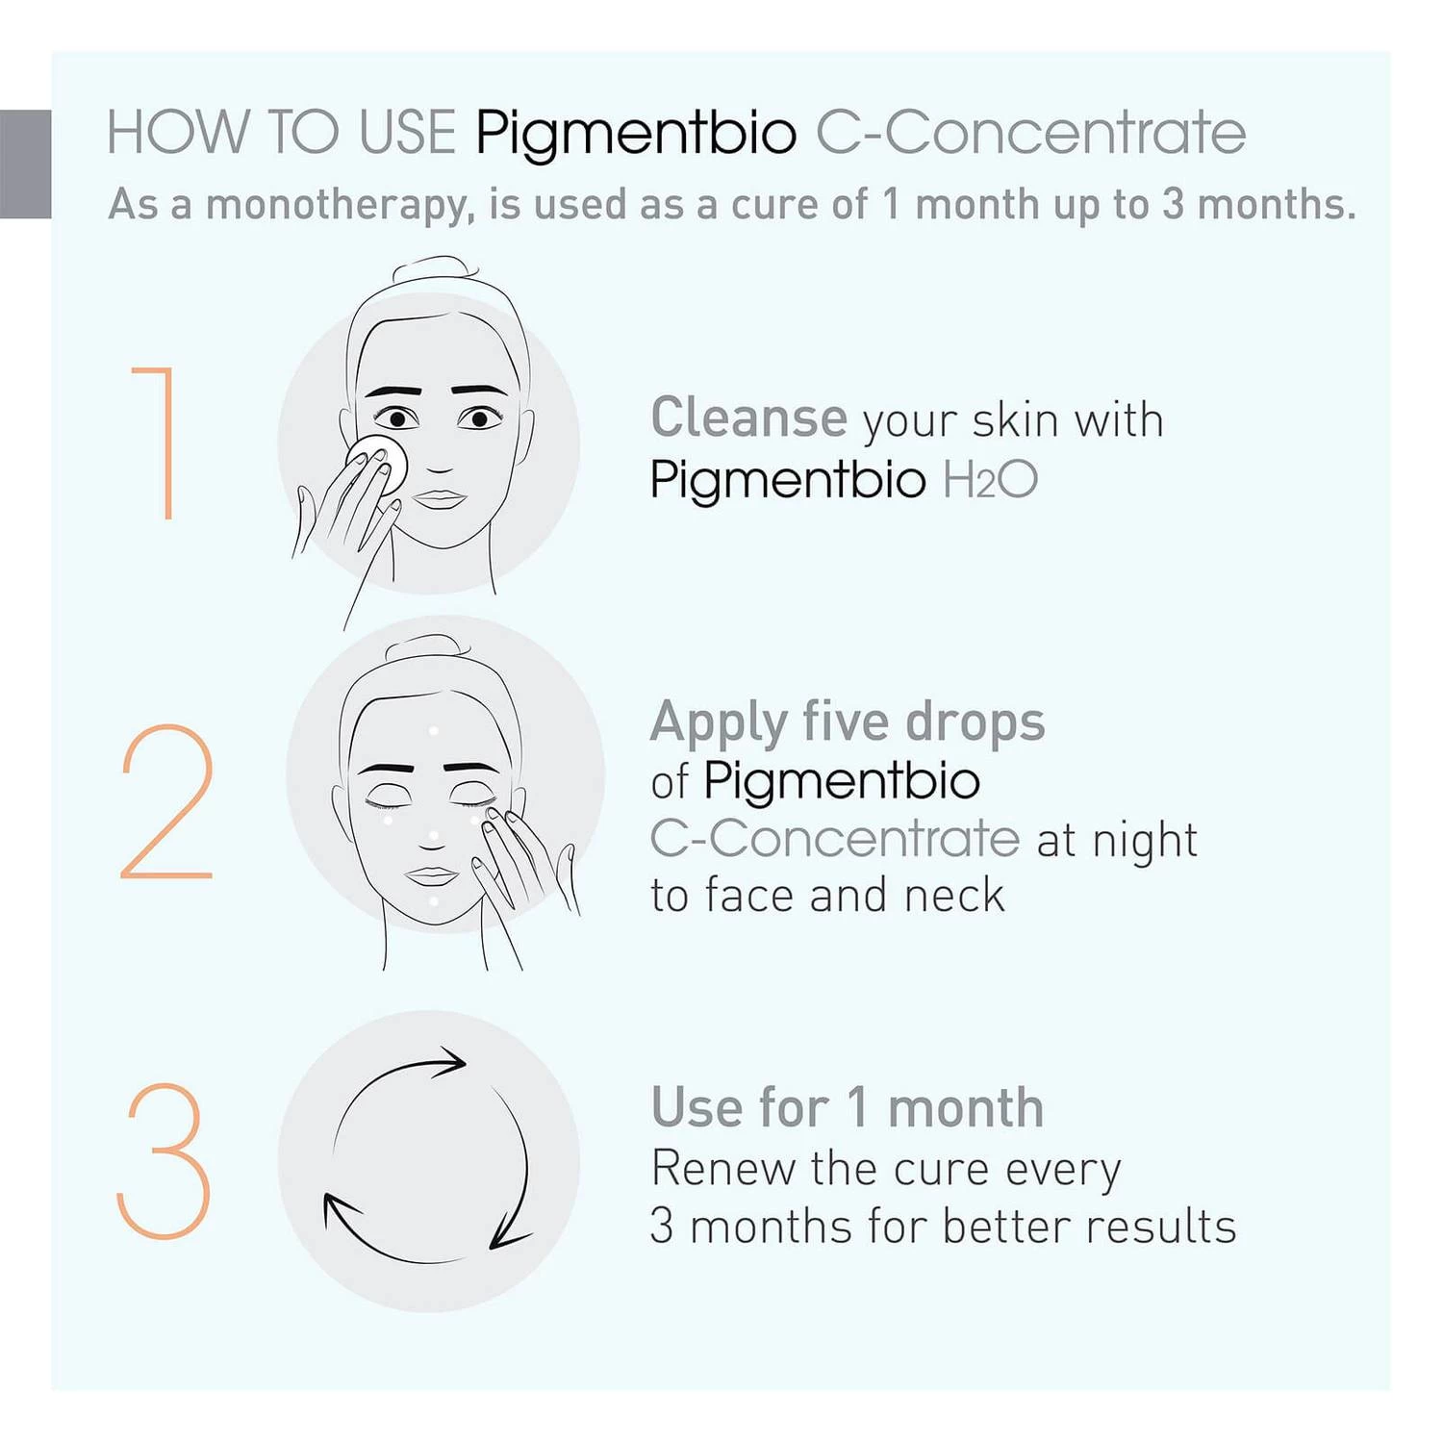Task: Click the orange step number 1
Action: (159, 443)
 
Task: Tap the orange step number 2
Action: (166, 801)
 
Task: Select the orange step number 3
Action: (164, 1161)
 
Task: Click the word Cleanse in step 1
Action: (748, 418)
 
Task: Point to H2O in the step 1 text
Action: (990, 479)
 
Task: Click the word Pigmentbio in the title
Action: (636, 133)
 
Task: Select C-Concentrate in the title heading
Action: (1030, 133)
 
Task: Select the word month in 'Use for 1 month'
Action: (965, 1108)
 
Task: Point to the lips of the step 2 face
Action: (432, 876)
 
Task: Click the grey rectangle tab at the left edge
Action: (25, 164)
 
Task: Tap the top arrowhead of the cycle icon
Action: (454, 1062)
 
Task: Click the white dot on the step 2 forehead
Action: (434, 732)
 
